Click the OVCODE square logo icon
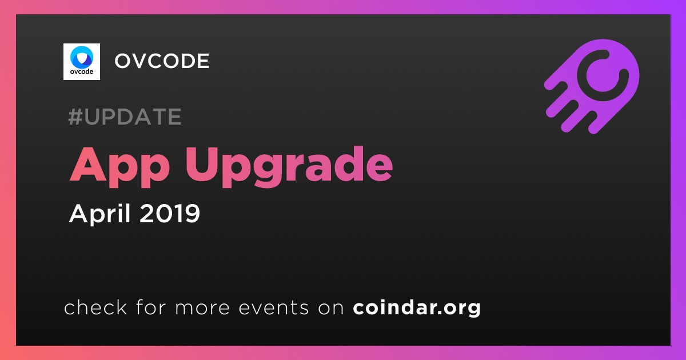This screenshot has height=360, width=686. tap(81, 62)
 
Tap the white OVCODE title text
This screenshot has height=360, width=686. tap(162, 61)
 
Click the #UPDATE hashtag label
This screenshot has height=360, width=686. tap(125, 117)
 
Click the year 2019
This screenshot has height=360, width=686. tap(170, 213)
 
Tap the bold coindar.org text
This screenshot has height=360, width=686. tap(417, 307)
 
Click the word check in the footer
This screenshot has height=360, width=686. tap(95, 307)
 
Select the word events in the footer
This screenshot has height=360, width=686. tap(274, 307)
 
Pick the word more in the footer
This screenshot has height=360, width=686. tap(202, 308)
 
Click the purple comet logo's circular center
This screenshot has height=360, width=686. tap(603, 75)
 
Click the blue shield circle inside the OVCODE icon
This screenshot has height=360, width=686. tap(81, 57)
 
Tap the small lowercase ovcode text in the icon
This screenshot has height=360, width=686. tap(81, 71)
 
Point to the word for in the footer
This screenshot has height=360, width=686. tap(151, 307)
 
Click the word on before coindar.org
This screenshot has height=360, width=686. tap(331, 308)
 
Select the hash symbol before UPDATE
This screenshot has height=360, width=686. tap(75, 117)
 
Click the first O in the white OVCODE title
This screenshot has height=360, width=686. tap(123, 61)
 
